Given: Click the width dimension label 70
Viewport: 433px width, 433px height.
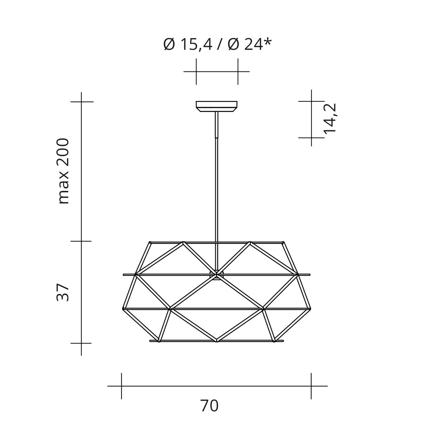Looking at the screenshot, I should coord(209,406).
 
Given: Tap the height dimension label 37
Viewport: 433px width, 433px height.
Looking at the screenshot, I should coord(63,292).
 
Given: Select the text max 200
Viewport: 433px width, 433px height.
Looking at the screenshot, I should coord(63,171).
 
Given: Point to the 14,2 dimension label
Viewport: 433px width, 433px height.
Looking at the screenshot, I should coord(331,119).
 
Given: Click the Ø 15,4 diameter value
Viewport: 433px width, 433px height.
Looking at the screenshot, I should coord(188,44).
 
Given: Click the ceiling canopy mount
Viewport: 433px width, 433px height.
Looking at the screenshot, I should coord(216,106).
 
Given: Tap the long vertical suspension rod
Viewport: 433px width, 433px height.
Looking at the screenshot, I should coord(217,192).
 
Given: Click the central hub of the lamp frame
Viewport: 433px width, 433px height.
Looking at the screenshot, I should coord(216,275).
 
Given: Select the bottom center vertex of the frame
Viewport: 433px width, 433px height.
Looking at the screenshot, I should coord(216,340).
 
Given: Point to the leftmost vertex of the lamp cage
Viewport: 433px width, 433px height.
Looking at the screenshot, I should coord(124,309).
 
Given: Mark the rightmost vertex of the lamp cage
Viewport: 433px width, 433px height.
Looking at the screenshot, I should coord(310,309).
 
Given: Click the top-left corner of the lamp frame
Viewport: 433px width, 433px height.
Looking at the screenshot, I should coord(150,243).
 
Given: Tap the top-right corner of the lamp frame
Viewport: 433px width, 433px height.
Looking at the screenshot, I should coord(283,243).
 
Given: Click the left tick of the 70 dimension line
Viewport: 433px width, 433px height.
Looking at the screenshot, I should coord(121,386).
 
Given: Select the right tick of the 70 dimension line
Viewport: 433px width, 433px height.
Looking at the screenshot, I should coord(311,386).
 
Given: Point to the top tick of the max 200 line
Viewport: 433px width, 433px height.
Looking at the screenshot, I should coord(81,102).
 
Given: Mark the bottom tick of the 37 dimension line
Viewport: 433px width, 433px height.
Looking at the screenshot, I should coord(81,343).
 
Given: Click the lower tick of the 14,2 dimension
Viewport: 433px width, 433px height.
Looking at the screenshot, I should coord(312,138).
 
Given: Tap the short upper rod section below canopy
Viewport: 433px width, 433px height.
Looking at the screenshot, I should coord(216,124).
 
